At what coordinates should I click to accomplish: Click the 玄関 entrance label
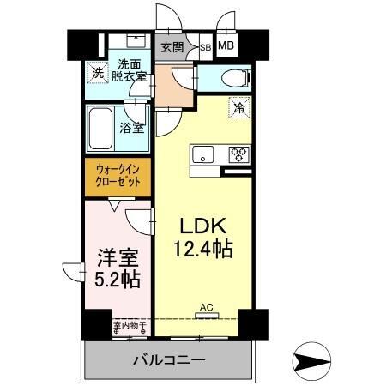click(x=172, y=47)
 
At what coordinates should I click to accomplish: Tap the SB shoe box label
click(x=205, y=48)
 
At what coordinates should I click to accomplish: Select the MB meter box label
click(x=226, y=46)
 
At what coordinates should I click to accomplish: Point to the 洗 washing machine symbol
click(x=99, y=74)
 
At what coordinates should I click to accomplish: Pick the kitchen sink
click(x=203, y=155)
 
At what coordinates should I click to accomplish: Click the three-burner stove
click(x=238, y=155)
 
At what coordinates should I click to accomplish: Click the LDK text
click(x=203, y=226)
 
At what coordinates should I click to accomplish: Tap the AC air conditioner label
click(x=206, y=306)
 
